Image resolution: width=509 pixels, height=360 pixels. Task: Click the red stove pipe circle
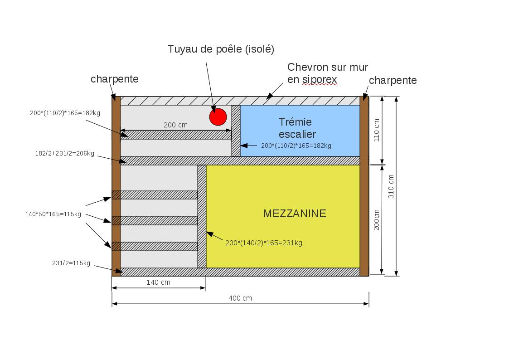tap(218, 117)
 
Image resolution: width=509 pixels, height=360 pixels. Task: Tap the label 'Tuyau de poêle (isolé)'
tap(221, 49)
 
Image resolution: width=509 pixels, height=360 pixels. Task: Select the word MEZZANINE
tap(295, 214)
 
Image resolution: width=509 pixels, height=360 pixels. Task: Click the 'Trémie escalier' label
tap(297, 128)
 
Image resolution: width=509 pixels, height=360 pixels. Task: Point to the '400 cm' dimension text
tap(240, 298)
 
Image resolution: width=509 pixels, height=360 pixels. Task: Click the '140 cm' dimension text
tap(158, 282)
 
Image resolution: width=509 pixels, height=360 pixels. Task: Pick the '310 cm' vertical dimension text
tap(392, 186)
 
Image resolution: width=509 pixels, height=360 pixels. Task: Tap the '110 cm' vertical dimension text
tap(377, 131)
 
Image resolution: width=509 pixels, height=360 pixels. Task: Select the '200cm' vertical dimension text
tap(377, 219)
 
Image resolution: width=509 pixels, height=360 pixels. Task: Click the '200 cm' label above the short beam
tap(175, 125)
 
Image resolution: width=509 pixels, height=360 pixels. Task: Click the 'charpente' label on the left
tap(114, 79)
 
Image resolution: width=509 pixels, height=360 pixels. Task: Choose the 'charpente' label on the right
tap(393, 80)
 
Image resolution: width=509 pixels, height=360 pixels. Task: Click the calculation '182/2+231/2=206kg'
tap(65, 154)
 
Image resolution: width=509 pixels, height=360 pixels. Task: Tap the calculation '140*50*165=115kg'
tap(53, 214)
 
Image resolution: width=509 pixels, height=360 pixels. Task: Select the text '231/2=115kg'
tap(71, 263)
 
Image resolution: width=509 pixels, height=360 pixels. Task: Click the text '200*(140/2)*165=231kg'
tap(263, 243)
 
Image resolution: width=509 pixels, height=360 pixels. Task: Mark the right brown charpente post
tap(364, 186)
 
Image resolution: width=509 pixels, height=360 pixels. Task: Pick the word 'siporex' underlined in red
tap(320, 80)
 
